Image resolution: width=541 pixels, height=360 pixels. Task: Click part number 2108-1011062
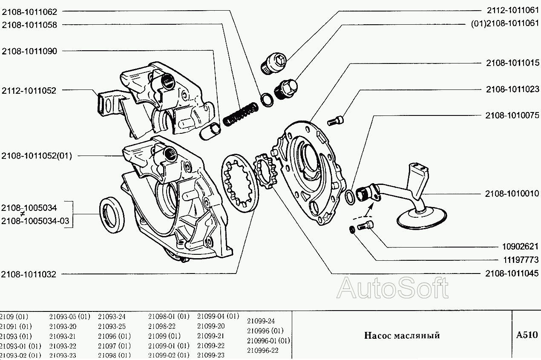29,12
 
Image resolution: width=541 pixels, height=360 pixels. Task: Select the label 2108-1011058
29,25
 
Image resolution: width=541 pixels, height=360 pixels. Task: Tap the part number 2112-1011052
29,90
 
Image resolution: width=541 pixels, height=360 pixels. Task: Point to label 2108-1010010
512,193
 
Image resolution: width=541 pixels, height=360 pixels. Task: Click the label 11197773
519,259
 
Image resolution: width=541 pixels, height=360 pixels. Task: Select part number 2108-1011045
512,274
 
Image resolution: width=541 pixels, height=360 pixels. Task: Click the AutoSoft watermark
392,288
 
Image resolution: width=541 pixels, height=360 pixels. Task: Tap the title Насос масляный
402,335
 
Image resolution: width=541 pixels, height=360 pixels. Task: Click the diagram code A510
527,335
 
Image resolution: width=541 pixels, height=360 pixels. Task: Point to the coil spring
240,115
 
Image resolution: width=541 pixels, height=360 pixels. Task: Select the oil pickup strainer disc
422,218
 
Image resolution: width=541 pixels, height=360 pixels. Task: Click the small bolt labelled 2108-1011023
335,121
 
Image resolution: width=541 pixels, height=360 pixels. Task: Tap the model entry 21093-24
112,317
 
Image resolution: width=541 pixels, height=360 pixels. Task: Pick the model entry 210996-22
262,350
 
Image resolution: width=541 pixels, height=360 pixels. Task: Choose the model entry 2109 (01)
14,317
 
